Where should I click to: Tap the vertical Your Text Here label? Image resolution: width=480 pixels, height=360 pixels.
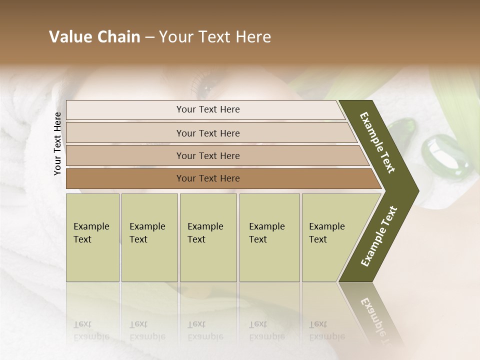pyautogui.click(x=57, y=143)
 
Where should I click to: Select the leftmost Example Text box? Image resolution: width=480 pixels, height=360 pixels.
pyautogui.click(x=92, y=237)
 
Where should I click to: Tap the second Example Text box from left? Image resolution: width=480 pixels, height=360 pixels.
pyautogui.click(x=149, y=237)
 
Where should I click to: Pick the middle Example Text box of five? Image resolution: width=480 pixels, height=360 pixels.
pyautogui.click(x=208, y=237)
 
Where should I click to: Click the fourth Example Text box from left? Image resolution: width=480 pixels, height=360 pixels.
pyautogui.click(x=269, y=237)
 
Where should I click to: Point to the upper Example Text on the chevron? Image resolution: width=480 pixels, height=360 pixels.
pyautogui.click(x=377, y=142)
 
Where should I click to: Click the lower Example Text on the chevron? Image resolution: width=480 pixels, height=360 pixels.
pyautogui.click(x=379, y=236)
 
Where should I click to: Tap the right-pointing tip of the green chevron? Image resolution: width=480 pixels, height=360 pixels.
pyautogui.click(x=415, y=190)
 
